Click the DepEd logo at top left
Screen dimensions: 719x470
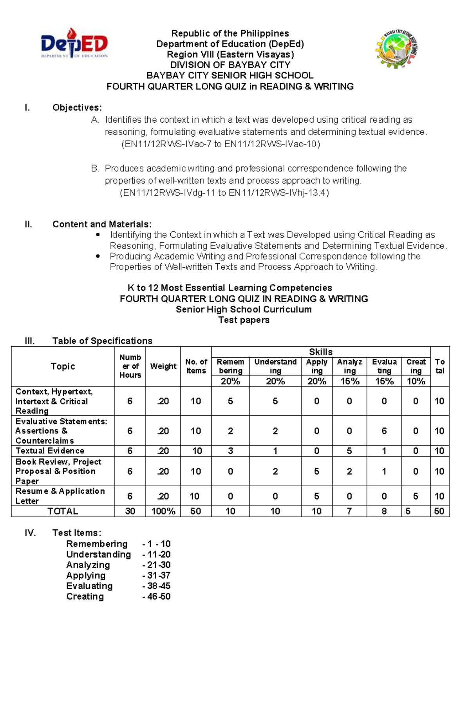click(74, 44)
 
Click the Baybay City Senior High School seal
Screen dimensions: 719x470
click(396, 49)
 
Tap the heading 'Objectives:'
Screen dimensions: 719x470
click(77, 108)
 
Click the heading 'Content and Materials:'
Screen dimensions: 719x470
click(102, 224)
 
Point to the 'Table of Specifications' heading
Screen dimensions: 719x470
click(102, 341)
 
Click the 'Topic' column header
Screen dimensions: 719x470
click(63, 366)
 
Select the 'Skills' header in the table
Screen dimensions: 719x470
click(320, 352)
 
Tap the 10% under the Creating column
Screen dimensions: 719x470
click(416, 381)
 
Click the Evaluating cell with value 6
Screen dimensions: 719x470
click(384, 431)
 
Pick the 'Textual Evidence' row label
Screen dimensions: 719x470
click(50, 451)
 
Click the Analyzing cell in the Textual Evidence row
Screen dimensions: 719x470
click(349, 451)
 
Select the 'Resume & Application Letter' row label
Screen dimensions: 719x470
click(60, 496)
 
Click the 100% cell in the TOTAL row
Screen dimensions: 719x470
click(163, 511)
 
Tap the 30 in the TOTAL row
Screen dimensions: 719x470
click(130, 511)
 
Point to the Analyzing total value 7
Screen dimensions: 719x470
click(349, 511)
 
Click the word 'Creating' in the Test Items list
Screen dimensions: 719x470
click(85, 596)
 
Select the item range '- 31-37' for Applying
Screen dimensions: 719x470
click(156, 576)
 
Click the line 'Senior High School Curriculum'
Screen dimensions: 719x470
click(244, 310)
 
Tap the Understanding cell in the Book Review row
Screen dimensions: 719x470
click(275, 471)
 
